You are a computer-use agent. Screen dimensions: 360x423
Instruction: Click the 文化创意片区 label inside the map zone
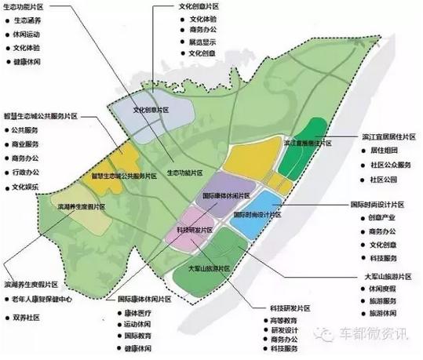tap(151, 111)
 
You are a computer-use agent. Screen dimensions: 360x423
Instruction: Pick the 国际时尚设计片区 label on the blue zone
tap(259, 213)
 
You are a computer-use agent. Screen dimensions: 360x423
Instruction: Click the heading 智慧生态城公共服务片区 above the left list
tap(45, 115)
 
